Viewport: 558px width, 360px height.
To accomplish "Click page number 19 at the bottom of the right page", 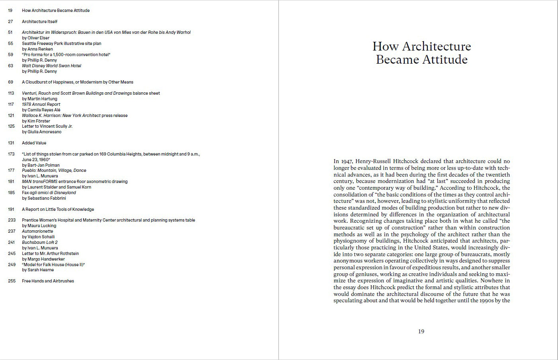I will coord(421,331).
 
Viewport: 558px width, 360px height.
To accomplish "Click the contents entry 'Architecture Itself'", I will coord(39,21).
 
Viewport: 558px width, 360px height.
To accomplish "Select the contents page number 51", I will coord(10,32).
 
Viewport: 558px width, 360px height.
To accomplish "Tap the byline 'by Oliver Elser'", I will coord(36,38).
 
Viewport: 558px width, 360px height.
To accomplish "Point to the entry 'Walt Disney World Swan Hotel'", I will coord(51,66).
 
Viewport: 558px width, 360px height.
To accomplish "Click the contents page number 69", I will coord(10,82).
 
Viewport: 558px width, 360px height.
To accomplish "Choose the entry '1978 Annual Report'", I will coord(41,104).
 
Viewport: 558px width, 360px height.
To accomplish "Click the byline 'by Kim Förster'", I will coord(36,121).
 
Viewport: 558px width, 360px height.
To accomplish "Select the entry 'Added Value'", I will coord(34,143).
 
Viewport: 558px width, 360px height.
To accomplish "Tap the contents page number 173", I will coord(11,154).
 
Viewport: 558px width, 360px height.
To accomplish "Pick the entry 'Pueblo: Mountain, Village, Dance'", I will coord(54,170).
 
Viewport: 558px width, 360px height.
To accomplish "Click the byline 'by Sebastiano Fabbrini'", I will coord(44,198).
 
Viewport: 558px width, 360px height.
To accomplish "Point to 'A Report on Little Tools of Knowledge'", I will coord(58,209).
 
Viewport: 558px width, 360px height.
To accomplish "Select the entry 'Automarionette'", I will coord(37,231).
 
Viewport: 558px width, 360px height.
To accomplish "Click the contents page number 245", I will coord(12,253).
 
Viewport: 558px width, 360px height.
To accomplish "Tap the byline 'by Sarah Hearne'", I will coord(38,270).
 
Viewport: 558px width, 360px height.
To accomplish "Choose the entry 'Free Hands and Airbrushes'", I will coord(48,281).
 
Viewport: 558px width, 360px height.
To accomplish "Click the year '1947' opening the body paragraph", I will coord(346,162).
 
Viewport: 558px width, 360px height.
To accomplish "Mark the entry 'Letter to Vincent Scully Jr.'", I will coord(47,126).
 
